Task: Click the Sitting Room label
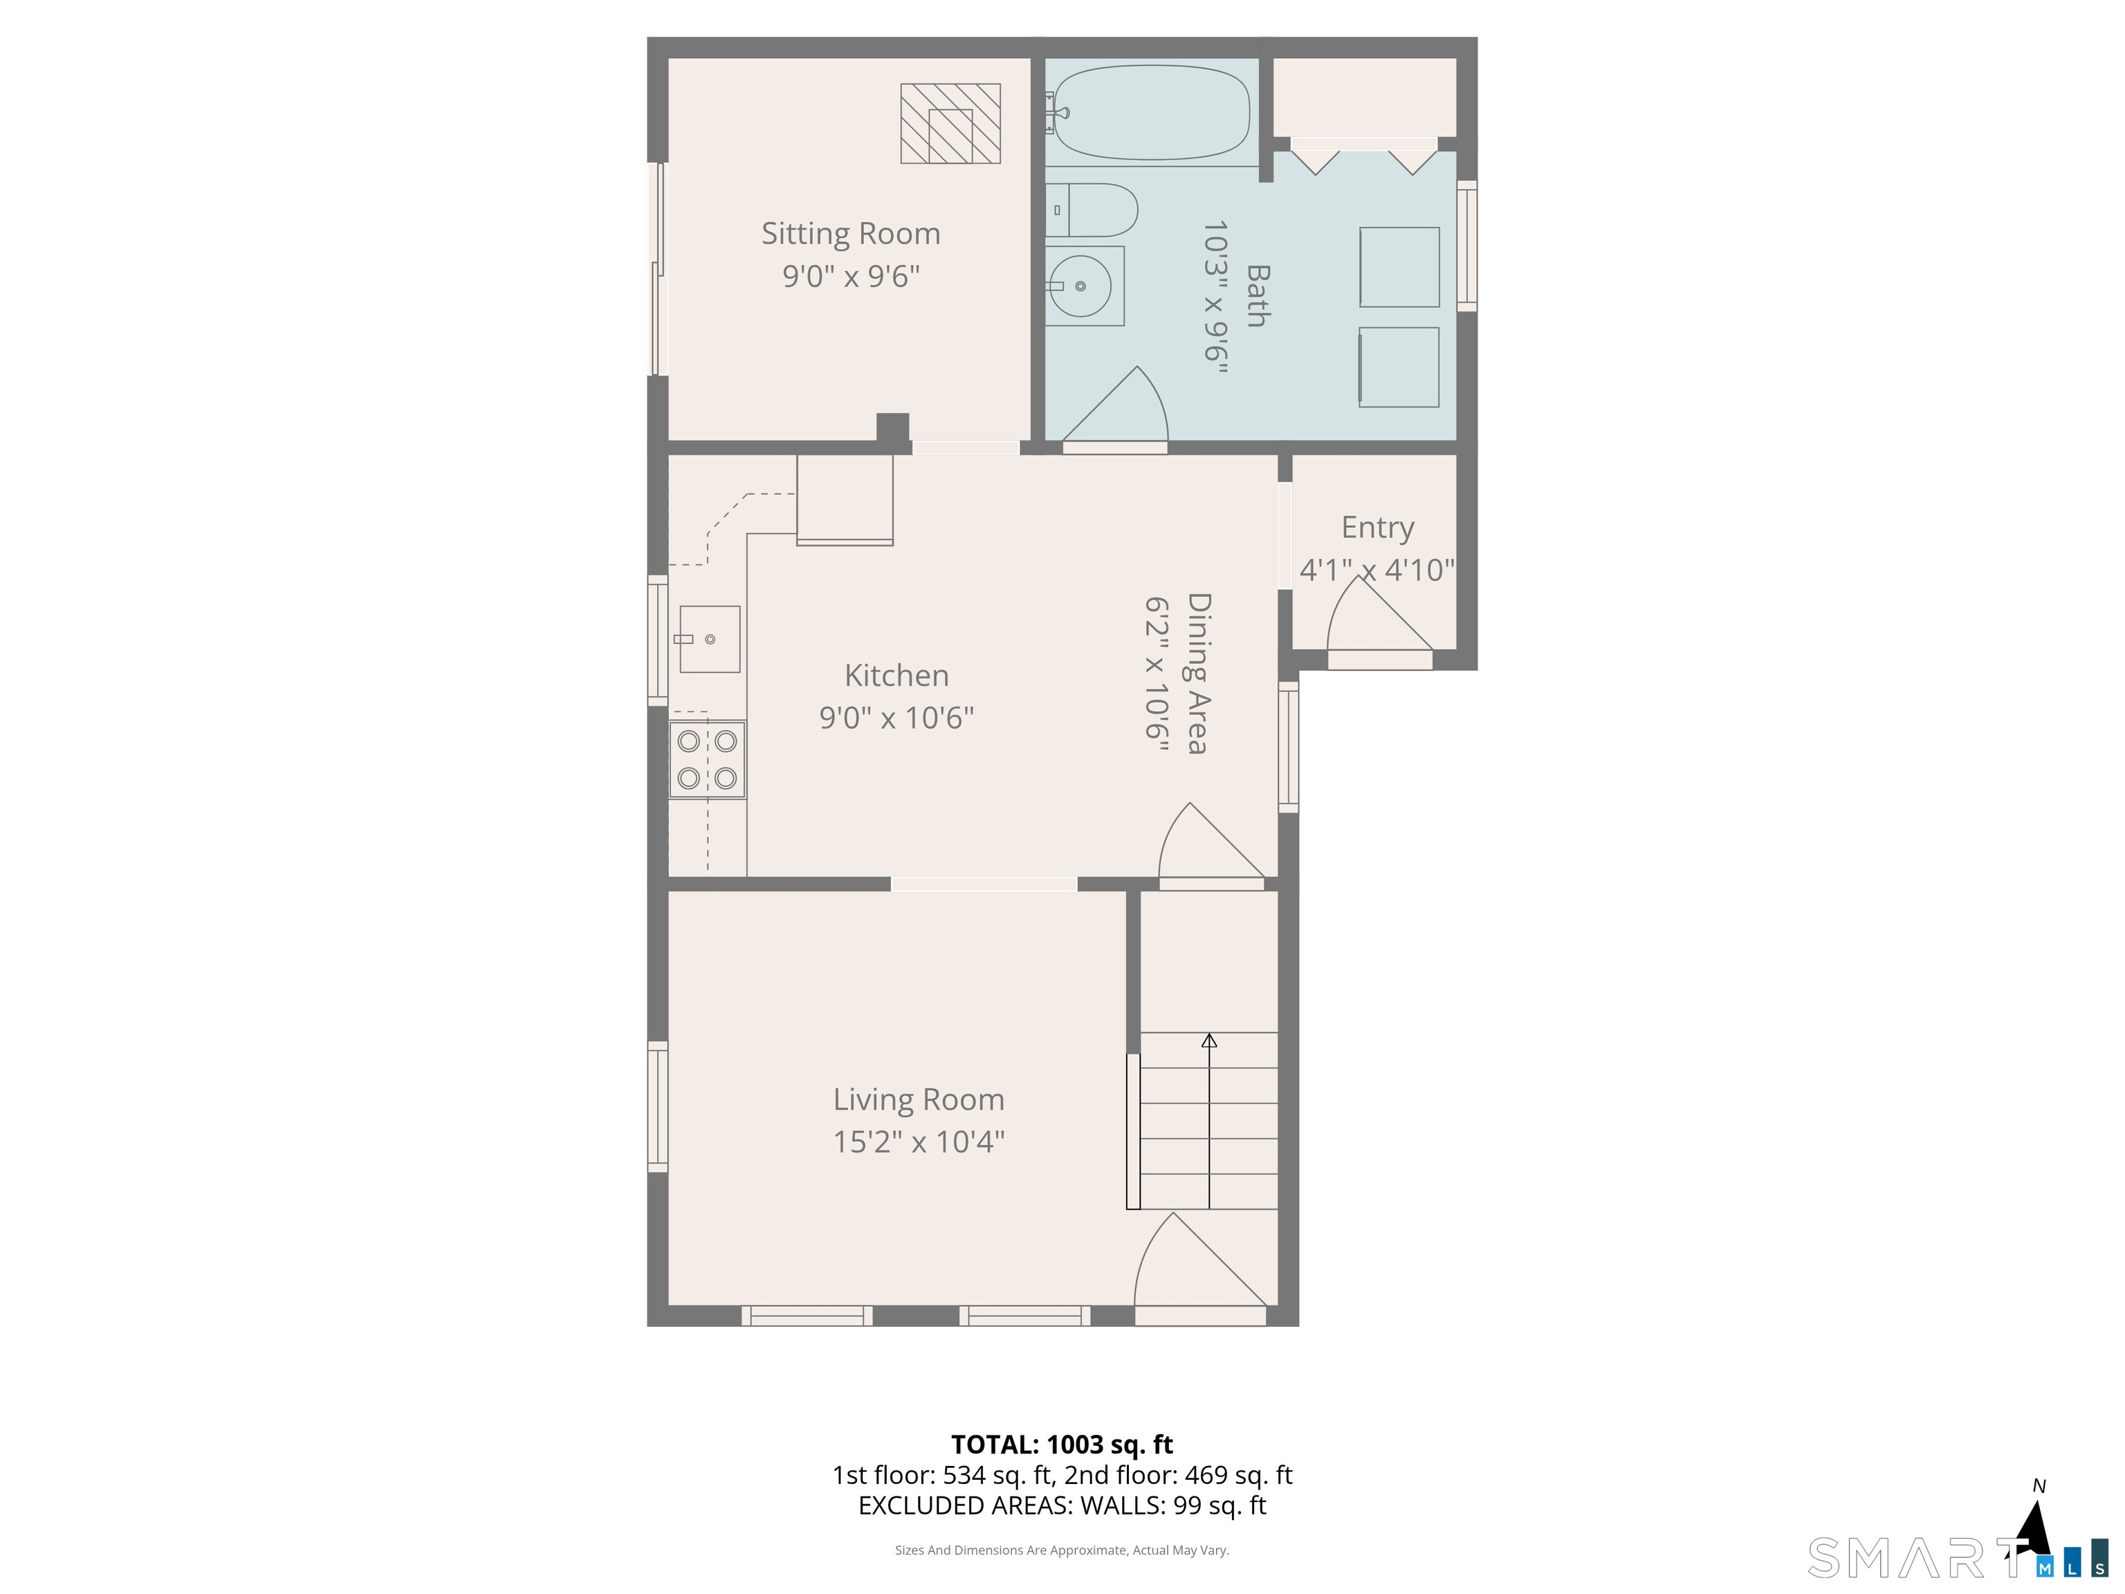coord(850,233)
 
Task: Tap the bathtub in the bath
coord(1152,112)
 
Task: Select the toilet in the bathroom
coord(1092,210)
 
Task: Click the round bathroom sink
coord(1080,286)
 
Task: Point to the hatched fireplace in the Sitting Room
coord(950,123)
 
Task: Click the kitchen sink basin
coord(709,639)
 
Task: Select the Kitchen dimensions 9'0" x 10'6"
coord(896,717)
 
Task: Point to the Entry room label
coord(1378,527)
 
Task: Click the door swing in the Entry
coord(1379,615)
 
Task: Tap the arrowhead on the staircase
coord(1209,1041)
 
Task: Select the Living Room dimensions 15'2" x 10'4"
coord(919,1142)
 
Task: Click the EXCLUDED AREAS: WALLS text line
coord(1062,1505)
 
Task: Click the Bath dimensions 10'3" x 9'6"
coord(1216,296)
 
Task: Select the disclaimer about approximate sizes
coord(1062,1550)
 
